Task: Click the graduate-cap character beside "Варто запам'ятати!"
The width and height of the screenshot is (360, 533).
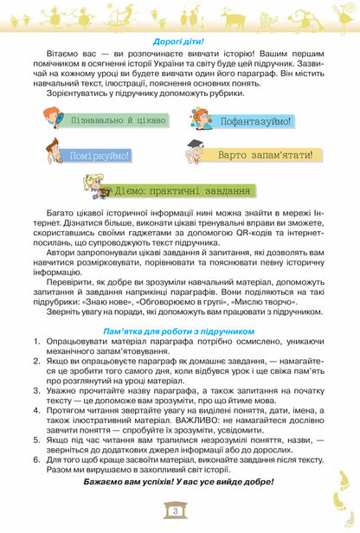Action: (196, 152)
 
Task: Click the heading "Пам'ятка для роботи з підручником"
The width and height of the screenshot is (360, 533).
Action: (180, 354)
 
